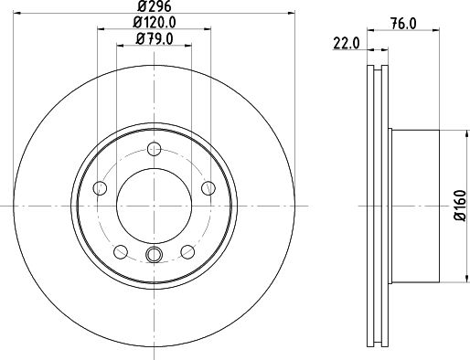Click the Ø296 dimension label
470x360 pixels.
click(x=155, y=5)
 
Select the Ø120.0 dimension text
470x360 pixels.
click(x=155, y=22)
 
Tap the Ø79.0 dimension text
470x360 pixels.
click(x=155, y=39)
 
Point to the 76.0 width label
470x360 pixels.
click(x=403, y=24)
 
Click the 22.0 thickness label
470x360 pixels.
click(x=347, y=43)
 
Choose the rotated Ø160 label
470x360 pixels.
click(x=460, y=206)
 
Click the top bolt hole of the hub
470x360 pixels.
click(x=154, y=149)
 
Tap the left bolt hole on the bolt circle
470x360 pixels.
click(x=100, y=188)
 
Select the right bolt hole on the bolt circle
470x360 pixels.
click(x=208, y=188)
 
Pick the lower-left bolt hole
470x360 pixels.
click(x=121, y=251)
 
